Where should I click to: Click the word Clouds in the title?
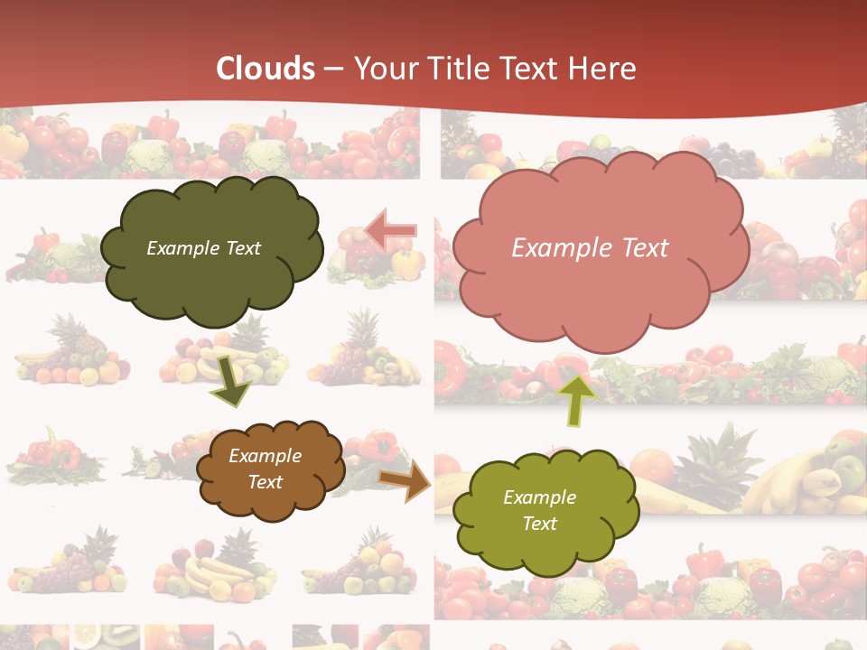point(266,69)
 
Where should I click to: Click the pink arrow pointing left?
point(391,230)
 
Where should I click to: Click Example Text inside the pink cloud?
point(590,248)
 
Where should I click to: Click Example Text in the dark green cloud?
point(203,248)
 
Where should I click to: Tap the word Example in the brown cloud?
point(265,456)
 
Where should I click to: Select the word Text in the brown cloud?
point(265,482)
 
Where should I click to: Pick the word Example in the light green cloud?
point(539,497)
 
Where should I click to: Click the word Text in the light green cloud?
point(539,524)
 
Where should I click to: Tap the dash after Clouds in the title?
point(331,69)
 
